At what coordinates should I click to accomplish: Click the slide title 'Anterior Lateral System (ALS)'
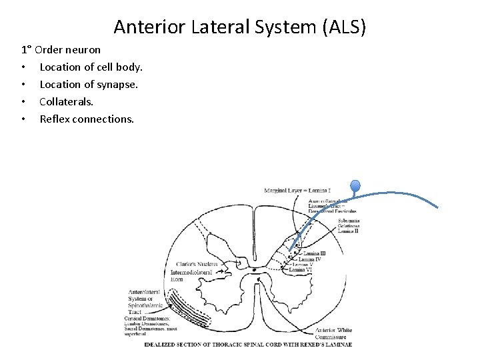(240, 27)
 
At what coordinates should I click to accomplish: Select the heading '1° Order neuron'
(61, 50)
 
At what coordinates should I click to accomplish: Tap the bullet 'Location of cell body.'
(91, 67)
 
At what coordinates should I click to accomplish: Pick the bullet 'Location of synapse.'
(89, 85)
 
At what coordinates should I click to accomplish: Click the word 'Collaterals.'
(67, 102)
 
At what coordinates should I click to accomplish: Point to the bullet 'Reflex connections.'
(87, 119)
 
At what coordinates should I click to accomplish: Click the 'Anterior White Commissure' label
(334, 333)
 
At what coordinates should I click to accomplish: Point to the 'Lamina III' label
(315, 253)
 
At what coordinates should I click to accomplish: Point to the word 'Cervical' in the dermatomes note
(135, 318)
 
